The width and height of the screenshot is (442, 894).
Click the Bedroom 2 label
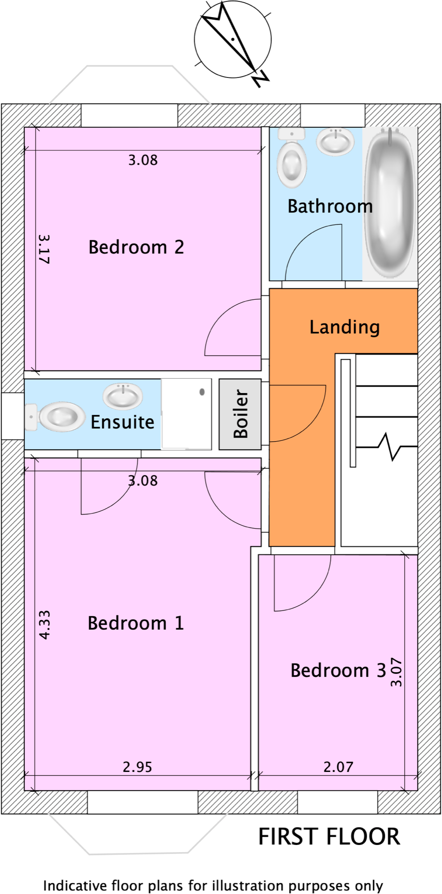click(136, 247)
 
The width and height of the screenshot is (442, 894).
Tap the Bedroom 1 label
click(136, 623)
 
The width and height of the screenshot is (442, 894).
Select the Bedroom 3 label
click(338, 670)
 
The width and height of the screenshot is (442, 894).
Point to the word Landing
click(344, 327)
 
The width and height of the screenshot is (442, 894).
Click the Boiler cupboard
click(240, 414)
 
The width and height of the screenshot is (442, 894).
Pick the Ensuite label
click(122, 422)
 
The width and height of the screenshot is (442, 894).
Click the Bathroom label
click(330, 206)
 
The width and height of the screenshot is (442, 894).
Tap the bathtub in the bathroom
click(389, 203)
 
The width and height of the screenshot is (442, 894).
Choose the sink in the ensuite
click(123, 396)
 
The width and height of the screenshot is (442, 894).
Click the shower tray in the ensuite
click(186, 414)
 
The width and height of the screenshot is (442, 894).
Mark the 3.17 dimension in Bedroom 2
click(44, 248)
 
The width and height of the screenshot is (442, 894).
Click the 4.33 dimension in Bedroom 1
click(45, 624)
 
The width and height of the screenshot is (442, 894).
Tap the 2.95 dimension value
click(137, 767)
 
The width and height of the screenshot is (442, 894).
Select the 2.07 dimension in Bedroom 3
click(338, 767)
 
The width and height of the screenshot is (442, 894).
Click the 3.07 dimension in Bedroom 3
click(396, 672)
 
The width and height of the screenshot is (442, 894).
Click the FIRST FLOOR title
click(329, 837)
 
